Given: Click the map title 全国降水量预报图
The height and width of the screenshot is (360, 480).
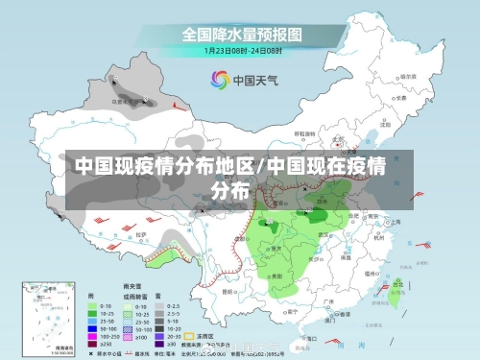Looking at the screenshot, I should (242, 34).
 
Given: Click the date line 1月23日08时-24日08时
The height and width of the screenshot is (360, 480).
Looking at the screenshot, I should (241, 50).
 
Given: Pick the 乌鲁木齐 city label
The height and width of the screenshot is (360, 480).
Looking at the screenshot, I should (122, 99).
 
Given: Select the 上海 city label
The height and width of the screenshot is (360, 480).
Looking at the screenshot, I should (396, 221).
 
